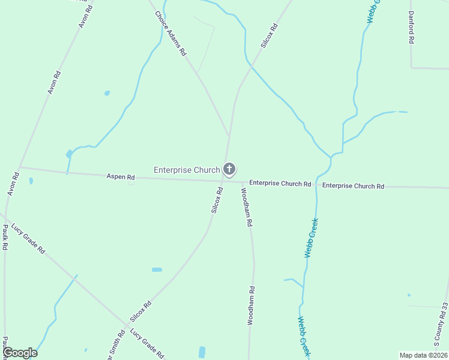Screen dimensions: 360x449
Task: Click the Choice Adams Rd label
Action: click(x=170, y=34)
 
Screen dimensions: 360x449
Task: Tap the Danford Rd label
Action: click(x=412, y=27)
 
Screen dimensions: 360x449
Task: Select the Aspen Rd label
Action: click(x=121, y=177)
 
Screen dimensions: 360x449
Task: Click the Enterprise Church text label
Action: click(x=187, y=170)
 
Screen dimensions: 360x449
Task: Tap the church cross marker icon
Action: click(x=229, y=169)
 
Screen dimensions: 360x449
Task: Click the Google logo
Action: click(x=19, y=353)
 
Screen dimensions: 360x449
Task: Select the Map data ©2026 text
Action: click(x=423, y=355)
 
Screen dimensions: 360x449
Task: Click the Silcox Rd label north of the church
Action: click(x=269, y=35)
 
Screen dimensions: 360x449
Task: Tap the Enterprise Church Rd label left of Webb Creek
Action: click(x=280, y=183)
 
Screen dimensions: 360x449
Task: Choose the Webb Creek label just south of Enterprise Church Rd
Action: click(x=311, y=238)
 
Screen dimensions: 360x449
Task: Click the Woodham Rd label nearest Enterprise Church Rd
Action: click(x=247, y=207)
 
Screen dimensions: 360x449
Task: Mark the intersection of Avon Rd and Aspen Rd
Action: click(x=19, y=167)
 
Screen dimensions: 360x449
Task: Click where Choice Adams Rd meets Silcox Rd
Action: click(x=229, y=136)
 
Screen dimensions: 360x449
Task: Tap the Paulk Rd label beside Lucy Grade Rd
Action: click(x=5, y=237)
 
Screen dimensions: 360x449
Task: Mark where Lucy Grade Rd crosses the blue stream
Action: click(x=76, y=277)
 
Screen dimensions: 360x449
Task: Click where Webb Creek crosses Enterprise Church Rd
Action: click(x=316, y=185)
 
